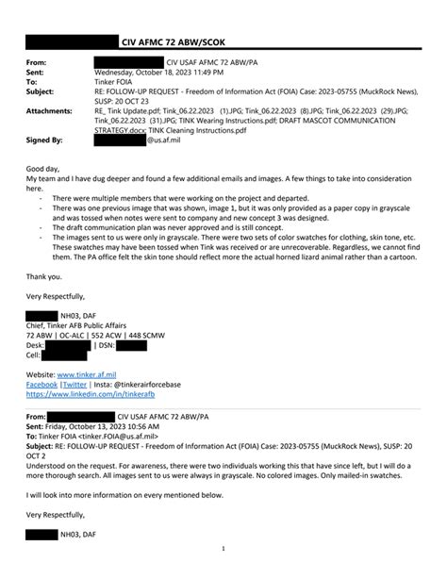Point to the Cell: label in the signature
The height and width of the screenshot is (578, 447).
click(34, 355)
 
